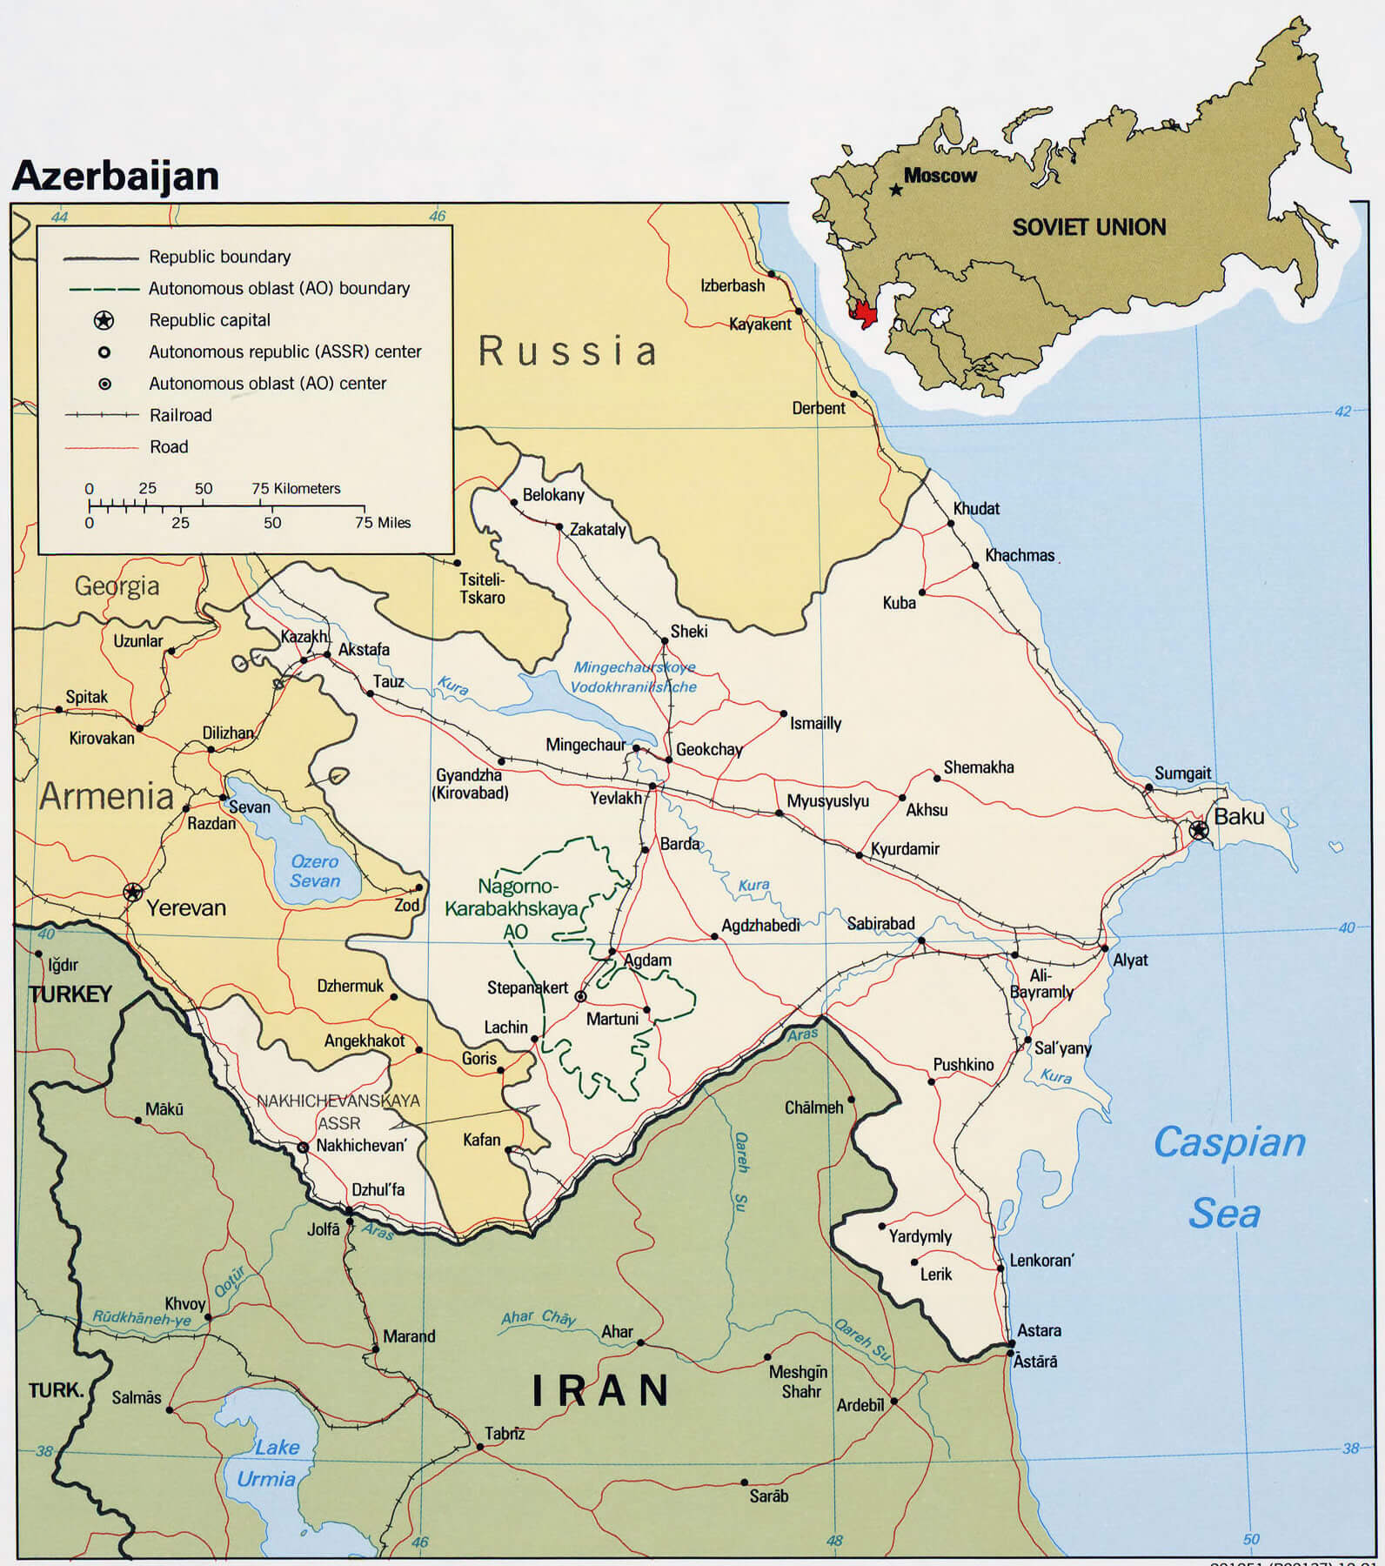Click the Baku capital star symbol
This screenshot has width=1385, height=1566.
pos(1199,830)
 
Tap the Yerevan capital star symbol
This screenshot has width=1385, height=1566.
pos(133,892)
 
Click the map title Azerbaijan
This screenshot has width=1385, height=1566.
pos(115,175)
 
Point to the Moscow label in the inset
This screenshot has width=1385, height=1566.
pos(940,176)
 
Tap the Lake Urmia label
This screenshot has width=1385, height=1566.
pos(267,1462)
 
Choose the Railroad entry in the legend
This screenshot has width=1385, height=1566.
pos(180,415)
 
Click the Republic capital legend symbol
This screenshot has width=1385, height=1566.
pos(104,320)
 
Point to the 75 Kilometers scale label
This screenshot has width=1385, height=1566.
pos(296,488)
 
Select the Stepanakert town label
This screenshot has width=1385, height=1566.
pos(527,987)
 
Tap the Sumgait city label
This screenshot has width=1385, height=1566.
pos(1182,773)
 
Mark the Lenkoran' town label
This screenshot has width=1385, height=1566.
pos(1041,1260)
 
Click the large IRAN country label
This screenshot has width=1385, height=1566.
pos(601,1390)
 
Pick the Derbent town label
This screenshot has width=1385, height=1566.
pos(818,408)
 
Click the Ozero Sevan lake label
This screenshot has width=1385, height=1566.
pos(314,871)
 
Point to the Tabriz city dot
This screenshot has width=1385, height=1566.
pos(480,1447)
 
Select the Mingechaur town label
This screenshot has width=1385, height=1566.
pos(585,745)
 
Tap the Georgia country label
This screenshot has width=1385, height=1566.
pos(117,586)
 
